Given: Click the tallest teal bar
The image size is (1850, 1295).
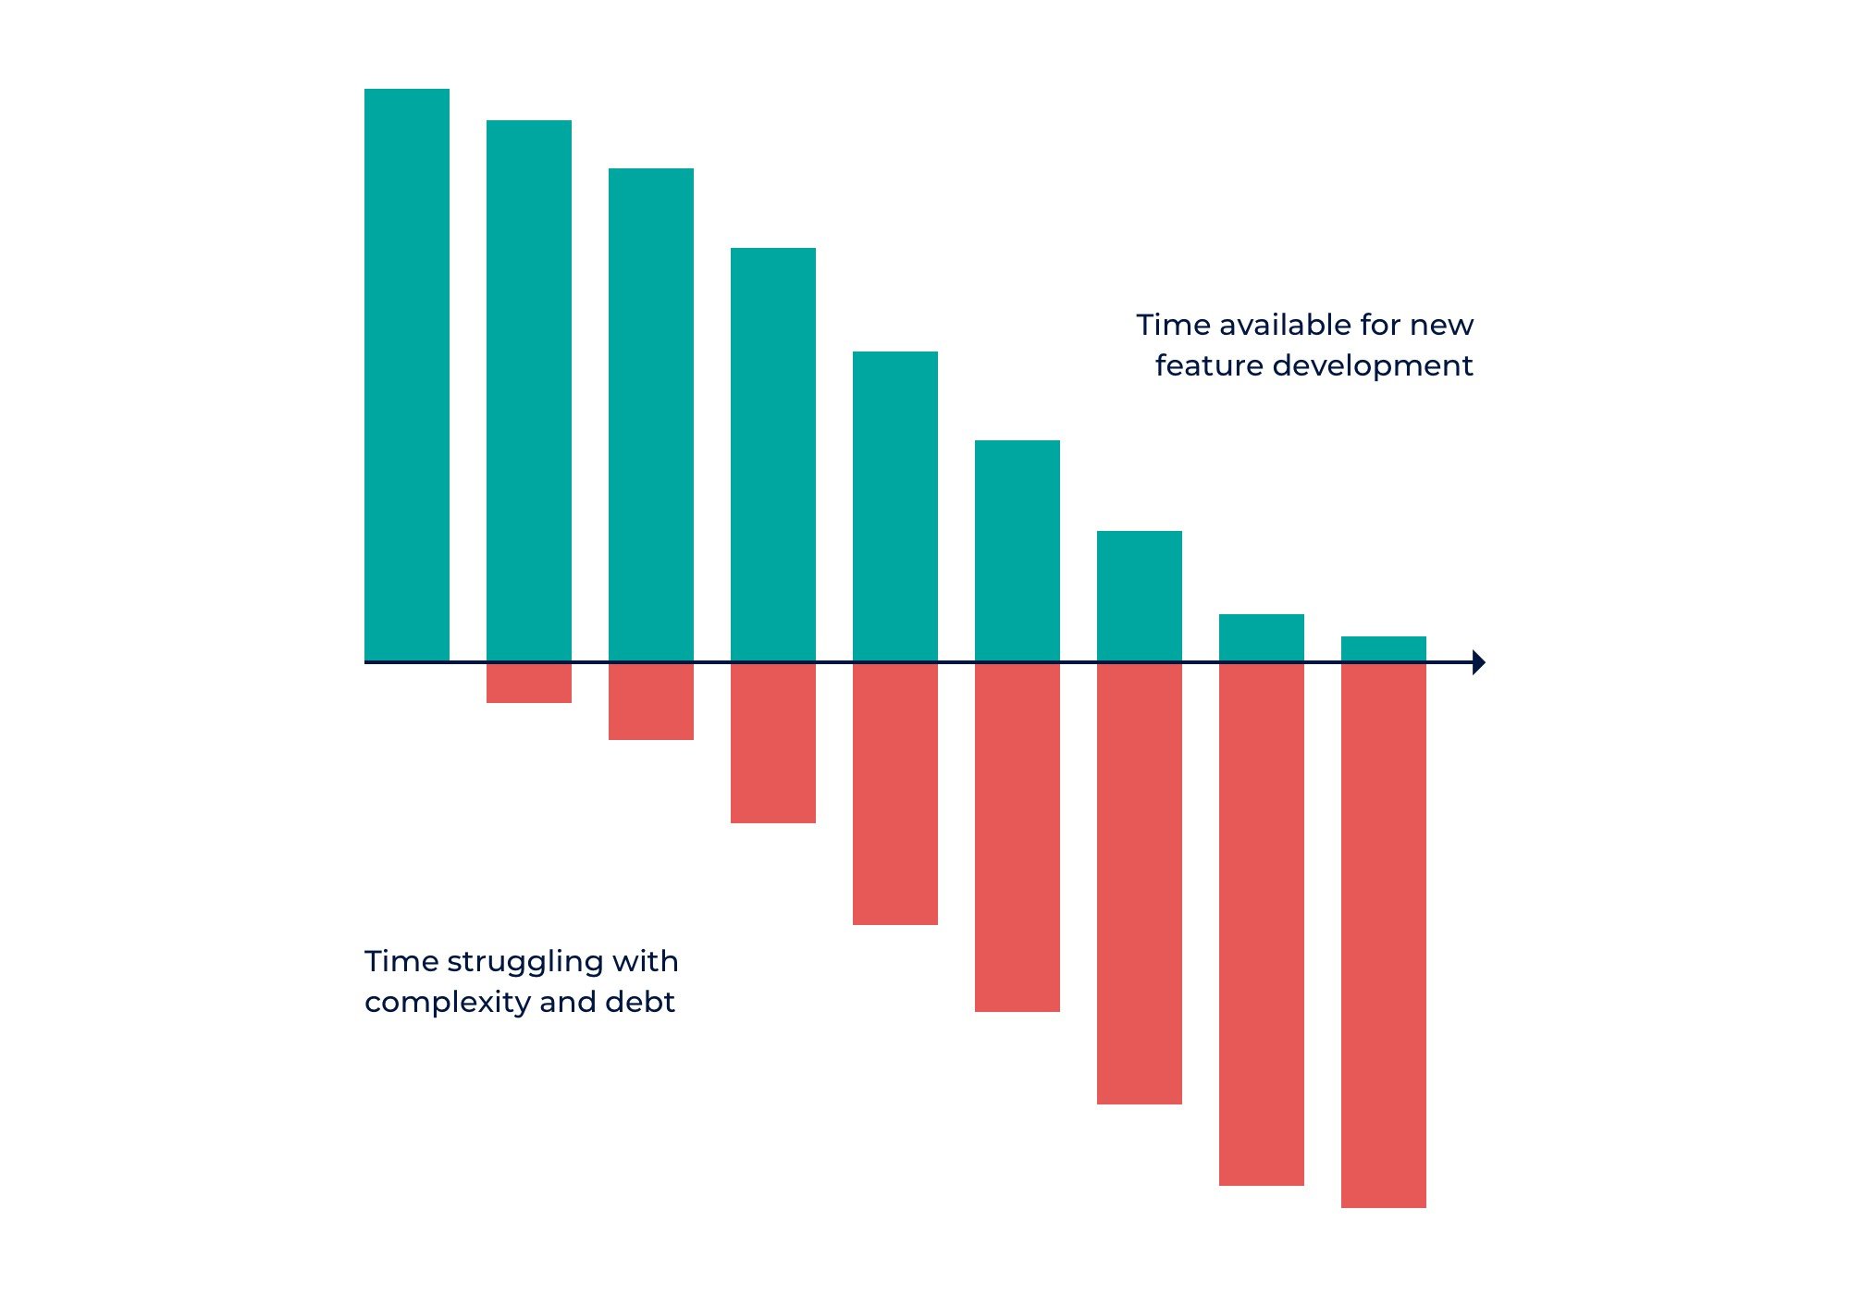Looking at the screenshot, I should tap(407, 375).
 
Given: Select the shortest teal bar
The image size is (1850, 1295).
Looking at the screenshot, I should tap(1384, 648).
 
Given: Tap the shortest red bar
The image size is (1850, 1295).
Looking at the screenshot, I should tap(529, 684).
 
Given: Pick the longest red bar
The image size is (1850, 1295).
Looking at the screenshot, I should tap(1384, 934).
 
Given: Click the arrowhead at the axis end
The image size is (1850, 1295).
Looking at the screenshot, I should tap(1478, 662).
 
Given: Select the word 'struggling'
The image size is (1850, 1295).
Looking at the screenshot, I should tap(524, 962).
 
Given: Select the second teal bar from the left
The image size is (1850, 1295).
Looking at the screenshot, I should tap(529, 390).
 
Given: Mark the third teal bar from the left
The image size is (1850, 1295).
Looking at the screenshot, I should tap(651, 414).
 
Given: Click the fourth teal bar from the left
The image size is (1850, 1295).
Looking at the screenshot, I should tap(773, 454).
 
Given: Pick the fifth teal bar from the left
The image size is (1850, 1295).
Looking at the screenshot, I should tap(895, 506).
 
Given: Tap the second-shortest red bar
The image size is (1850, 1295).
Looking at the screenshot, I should tap(651, 702).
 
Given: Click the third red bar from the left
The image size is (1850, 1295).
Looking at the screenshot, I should tap(773, 743).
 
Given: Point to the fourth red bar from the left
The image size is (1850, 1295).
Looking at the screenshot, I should tap(895, 794).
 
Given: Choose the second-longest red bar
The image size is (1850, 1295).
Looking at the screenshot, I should tap(1262, 923).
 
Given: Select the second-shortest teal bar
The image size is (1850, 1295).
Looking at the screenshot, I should tap(1262, 637).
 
